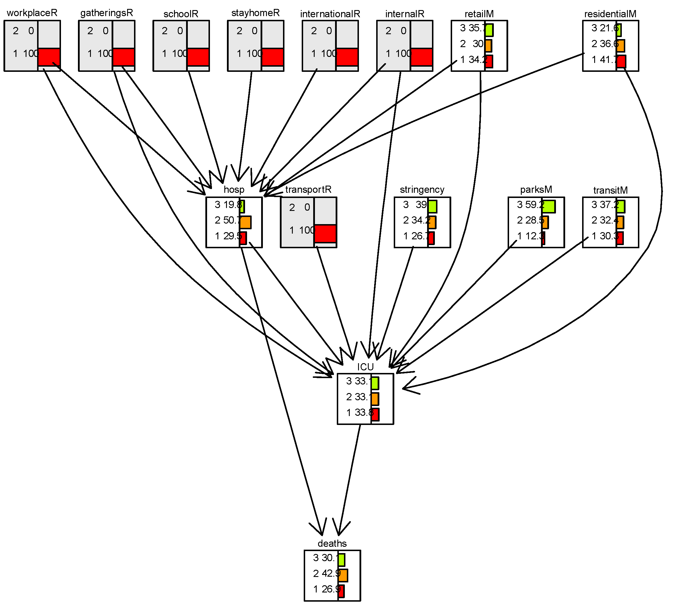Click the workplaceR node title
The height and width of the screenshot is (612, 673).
pos(32,13)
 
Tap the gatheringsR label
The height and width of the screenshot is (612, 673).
pos(106,13)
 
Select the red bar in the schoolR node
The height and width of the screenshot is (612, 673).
pos(198,57)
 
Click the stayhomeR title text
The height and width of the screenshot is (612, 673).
pos(255,13)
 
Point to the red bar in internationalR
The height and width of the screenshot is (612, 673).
pos(347,57)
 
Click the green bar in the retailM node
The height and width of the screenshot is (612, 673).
pos(489,30)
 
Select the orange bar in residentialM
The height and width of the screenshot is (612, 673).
pos(621,46)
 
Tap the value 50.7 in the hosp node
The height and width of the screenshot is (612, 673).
pos(232,220)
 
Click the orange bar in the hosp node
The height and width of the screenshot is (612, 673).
pos(245,222)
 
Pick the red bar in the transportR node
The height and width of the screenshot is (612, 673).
pos(325,234)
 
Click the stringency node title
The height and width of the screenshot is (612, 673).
pos(422,190)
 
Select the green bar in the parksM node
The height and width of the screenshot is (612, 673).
pos(549,207)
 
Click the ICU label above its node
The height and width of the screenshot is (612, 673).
pos(365,367)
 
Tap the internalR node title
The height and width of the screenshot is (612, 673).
pos(405,14)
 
